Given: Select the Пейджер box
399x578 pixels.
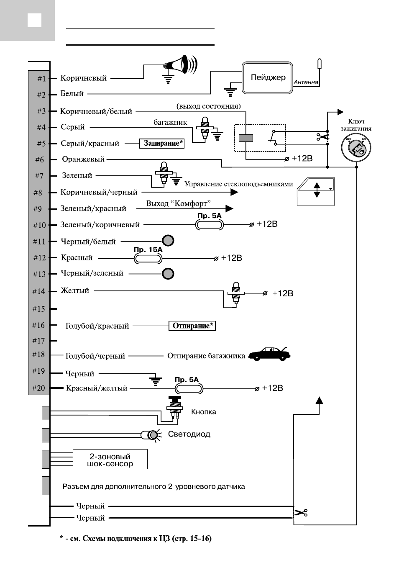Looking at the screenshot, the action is [267, 78].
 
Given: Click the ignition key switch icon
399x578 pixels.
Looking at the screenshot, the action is [356, 148].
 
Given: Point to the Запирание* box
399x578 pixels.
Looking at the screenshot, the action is [162, 143].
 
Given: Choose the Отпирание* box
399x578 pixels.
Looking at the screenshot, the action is [192, 326].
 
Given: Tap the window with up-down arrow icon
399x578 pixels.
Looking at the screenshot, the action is [316, 191].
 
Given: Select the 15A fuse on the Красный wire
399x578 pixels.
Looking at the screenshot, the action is [148, 258].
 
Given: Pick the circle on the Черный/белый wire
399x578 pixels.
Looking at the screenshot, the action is [168, 241].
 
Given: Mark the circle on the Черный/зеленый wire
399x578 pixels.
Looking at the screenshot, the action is [168, 274].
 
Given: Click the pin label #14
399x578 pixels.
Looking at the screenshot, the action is [39, 291].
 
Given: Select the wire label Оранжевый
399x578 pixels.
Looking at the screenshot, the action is [83, 159].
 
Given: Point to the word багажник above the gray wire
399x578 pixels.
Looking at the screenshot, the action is [170, 122].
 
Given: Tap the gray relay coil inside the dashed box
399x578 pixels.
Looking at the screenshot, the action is [246, 138].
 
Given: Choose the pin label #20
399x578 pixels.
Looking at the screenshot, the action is [39, 388].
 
